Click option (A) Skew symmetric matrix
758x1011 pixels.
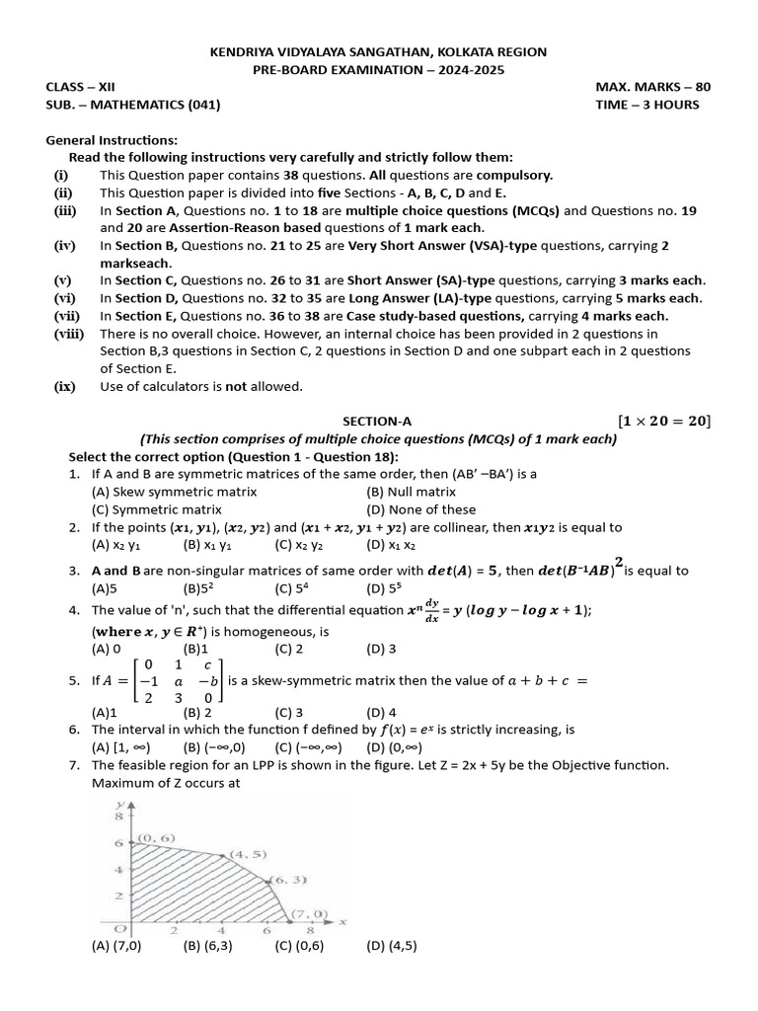click(174, 492)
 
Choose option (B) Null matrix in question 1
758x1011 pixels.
click(411, 492)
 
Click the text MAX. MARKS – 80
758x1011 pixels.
click(652, 87)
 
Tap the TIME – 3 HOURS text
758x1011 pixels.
click(646, 105)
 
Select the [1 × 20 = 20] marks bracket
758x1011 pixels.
click(663, 421)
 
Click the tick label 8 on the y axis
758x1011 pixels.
click(117, 817)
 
